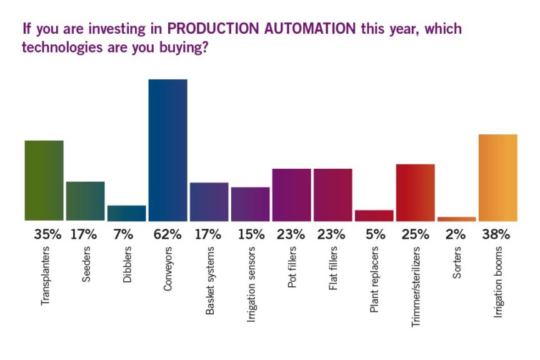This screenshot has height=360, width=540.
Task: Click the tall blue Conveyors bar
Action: point(167,150)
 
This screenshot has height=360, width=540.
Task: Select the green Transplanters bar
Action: point(44,181)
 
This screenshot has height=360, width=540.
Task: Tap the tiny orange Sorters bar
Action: point(456,219)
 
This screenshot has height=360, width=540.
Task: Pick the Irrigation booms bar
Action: point(497,177)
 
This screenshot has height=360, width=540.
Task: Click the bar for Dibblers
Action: point(126,213)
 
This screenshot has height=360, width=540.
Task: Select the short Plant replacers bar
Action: point(374,215)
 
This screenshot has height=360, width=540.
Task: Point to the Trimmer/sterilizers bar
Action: point(415,192)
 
